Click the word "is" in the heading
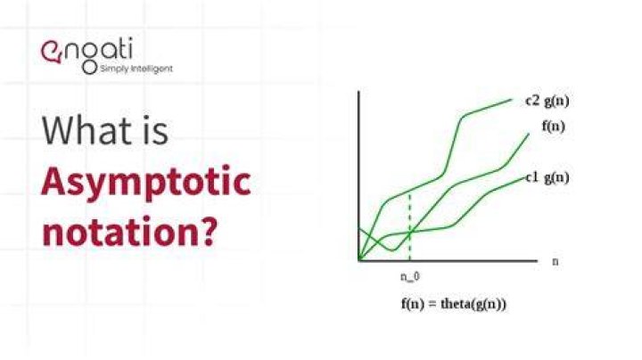click(155, 130)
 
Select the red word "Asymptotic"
click(146, 184)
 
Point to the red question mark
click(204, 231)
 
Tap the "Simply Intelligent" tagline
click(136, 69)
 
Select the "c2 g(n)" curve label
click(547, 101)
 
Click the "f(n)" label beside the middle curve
click(554, 127)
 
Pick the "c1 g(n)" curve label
click(547, 177)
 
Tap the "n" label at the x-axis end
click(556, 261)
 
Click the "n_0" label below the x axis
click(410, 277)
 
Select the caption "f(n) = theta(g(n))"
click(454, 305)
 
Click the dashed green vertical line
click(410, 227)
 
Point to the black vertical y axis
click(359, 176)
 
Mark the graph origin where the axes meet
click(359, 260)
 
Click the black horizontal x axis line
click(448, 260)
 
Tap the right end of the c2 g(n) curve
click(512, 100)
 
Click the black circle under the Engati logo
click(90, 68)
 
